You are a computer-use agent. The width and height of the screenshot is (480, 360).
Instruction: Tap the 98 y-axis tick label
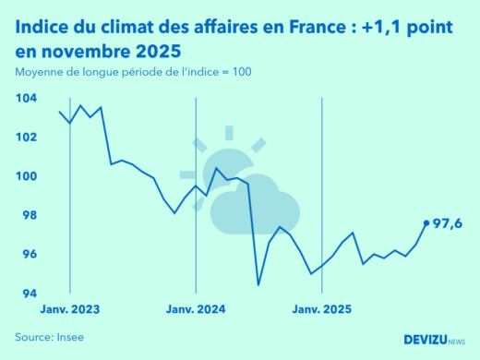[29, 215]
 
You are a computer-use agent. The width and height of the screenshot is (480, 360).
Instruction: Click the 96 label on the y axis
[29, 255]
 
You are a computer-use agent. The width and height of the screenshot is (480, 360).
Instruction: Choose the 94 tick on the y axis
[29, 294]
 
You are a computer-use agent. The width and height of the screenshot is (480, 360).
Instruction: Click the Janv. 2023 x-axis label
[71, 309]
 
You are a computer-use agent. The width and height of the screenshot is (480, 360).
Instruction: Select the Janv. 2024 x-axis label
[196, 309]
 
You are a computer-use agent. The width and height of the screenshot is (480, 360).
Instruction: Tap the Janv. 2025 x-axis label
[321, 309]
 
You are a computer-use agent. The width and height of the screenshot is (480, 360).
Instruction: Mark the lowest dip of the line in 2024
[258, 284]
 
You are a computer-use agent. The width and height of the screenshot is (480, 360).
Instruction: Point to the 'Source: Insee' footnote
[49, 337]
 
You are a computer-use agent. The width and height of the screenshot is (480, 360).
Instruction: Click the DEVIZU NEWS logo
[434, 339]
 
